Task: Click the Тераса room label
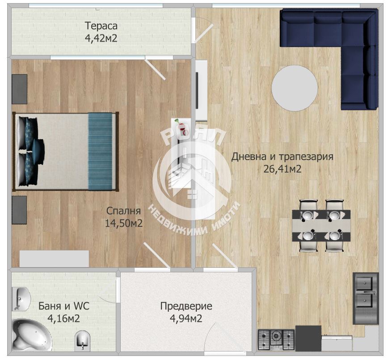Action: click(101, 26)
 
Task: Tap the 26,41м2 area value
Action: click(283, 169)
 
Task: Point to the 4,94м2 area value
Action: click(186, 318)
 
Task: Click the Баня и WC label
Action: click(63, 306)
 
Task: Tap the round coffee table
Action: click(295, 88)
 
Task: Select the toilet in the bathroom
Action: click(83, 340)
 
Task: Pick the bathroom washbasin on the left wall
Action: click(21, 299)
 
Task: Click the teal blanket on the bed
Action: click(100, 152)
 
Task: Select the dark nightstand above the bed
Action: click(20, 89)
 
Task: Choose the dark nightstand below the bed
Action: click(19, 210)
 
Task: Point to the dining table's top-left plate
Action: click(308, 215)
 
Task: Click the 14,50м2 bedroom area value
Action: click(124, 223)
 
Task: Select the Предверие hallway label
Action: click(186, 306)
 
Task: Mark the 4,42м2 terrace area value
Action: click(101, 38)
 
